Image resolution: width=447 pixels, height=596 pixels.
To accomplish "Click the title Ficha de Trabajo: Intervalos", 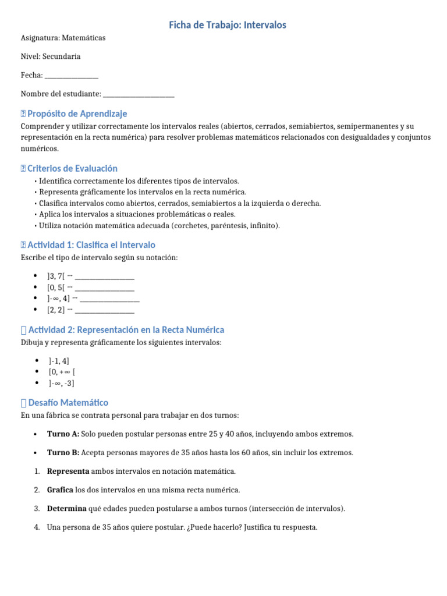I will click(227, 25).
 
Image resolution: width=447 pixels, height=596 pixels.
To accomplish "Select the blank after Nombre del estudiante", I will click(138, 94).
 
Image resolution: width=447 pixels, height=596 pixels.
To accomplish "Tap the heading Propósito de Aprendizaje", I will click(77, 113).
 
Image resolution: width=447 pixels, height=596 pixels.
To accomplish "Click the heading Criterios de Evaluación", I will click(72, 168).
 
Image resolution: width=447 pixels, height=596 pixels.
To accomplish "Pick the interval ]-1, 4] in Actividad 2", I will click(59, 361).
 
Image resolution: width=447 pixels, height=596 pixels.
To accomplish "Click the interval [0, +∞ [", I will click(62, 372).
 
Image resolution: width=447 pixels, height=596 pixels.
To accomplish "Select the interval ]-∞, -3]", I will click(61, 383).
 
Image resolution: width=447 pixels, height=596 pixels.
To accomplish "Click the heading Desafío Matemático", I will click(68, 402).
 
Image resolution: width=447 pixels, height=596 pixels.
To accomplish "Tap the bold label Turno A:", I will click(63, 434).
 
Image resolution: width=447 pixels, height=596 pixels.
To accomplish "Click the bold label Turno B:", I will click(63, 453).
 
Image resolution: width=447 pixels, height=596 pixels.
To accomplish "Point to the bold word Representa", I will click(68, 471).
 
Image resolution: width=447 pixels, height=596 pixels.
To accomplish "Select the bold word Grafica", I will click(60, 490).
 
